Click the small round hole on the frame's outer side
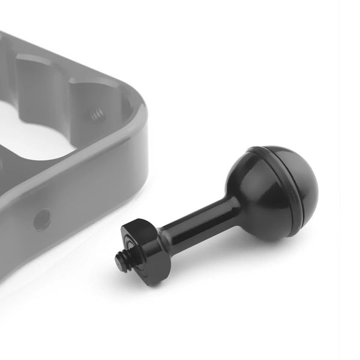click(41, 220)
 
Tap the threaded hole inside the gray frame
click(97, 113)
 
